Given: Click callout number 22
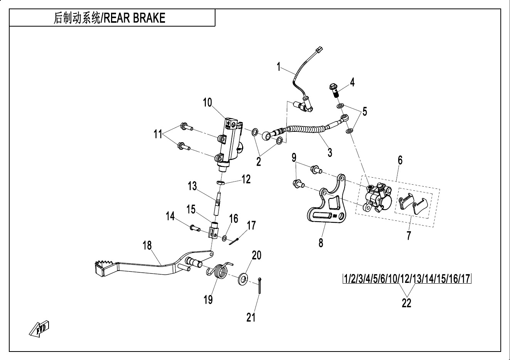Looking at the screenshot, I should pos(406,303).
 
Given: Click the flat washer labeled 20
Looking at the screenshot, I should pos(243,278).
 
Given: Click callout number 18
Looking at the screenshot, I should pos(147,246).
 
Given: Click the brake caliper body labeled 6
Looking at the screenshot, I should pos(376,197).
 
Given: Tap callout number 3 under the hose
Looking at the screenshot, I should pos(330,152).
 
